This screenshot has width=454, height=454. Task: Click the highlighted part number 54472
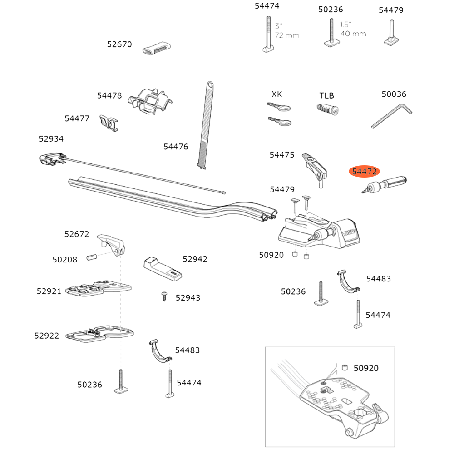365,172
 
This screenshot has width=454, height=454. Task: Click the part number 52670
119,44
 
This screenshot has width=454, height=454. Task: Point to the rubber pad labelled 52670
157,49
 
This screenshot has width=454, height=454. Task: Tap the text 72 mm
287,35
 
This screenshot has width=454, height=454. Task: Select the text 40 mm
353,34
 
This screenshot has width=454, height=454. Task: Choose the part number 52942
195,259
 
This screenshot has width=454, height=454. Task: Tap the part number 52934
51,139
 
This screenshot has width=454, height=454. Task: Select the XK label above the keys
276,94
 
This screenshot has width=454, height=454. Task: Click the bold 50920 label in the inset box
366,368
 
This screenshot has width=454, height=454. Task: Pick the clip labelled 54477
108,123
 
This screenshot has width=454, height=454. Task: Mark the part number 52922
46,336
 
